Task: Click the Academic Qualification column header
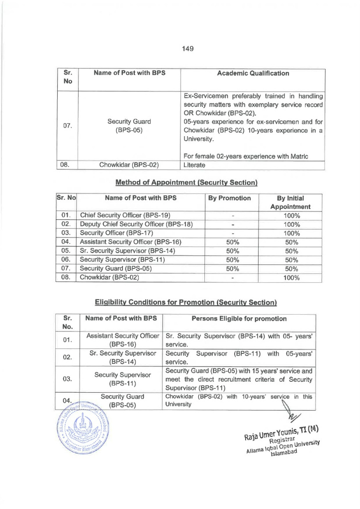(x=253, y=74)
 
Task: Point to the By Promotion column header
(x=229, y=198)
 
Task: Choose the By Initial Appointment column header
(x=290, y=202)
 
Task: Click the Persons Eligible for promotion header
(x=240, y=319)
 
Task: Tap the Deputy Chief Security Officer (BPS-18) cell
(x=136, y=225)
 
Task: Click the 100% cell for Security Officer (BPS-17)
(x=291, y=233)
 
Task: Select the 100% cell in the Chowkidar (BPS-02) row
(x=291, y=278)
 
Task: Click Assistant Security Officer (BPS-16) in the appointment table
(x=130, y=242)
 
